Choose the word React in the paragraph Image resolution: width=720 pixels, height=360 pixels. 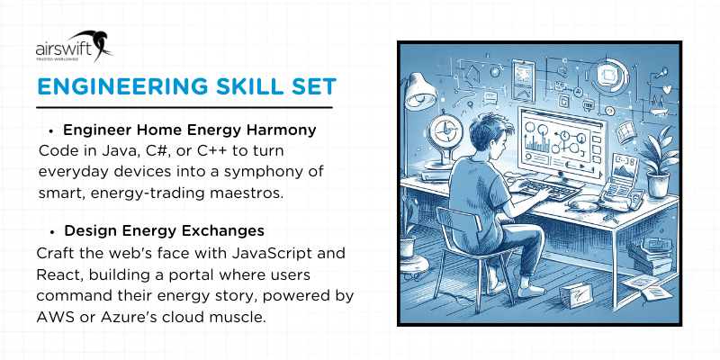(59, 274)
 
